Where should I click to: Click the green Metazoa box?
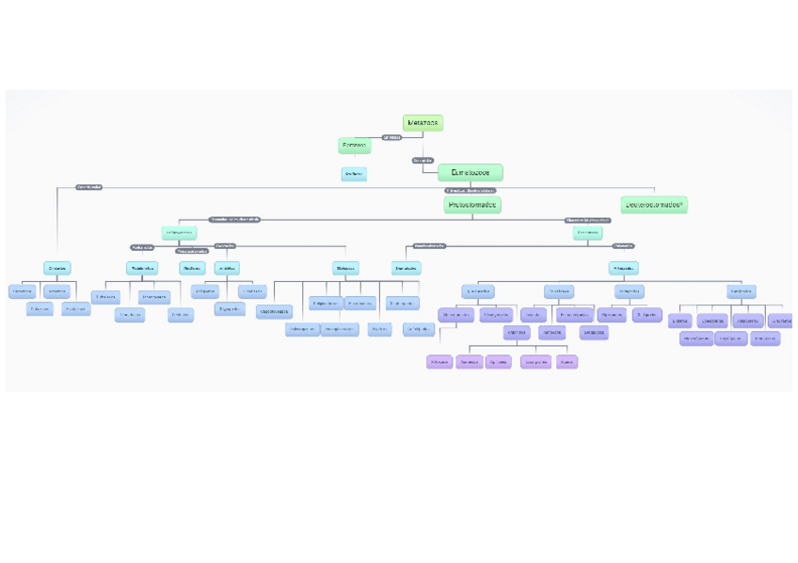click(x=423, y=123)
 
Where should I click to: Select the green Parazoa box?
click(x=354, y=145)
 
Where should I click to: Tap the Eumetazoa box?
click(x=470, y=172)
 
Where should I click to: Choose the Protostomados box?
click(x=472, y=204)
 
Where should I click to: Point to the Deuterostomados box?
click(x=654, y=204)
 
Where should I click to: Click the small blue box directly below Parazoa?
click(x=354, y=174)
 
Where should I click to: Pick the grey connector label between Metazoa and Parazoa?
click(x=391, y=137)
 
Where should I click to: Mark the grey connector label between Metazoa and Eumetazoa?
click(x=423, y=161)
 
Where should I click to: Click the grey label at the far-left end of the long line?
click(x=88, y=187)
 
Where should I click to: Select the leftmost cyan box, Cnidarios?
click(x=57, y=268)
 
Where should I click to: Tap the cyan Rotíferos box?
click(x=193, y=268)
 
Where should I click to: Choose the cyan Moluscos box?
click(x=345, y=268)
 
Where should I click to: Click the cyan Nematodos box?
click(x=407, y=268)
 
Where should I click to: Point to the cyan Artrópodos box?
click(x=623, y=268)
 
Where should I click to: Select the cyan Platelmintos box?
click(x=142, y=268)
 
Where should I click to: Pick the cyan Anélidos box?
click(x=227, y=268)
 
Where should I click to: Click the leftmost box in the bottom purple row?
click(x=439, y=362)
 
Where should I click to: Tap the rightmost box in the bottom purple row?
click(x=567, y=362)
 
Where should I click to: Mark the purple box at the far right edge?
click(x=780, y=321)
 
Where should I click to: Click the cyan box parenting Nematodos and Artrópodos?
click(x=588, y=232)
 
